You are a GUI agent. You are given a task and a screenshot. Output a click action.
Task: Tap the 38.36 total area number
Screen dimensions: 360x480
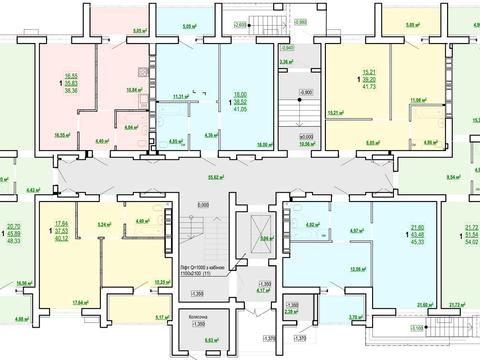(x=71, y=89)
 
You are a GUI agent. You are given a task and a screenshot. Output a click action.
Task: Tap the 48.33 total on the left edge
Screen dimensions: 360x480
(x=13, y=240)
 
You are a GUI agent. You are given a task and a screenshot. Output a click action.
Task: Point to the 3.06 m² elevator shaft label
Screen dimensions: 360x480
(x=266, y=239)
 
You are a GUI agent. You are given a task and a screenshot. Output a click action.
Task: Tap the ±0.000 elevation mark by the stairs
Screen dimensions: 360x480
(x=293, y=137)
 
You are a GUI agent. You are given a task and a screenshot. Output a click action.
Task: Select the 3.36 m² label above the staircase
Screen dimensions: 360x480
(x=285, y=62)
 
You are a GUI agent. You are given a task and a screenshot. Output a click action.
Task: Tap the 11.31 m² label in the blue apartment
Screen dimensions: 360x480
(x=180, y=97)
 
